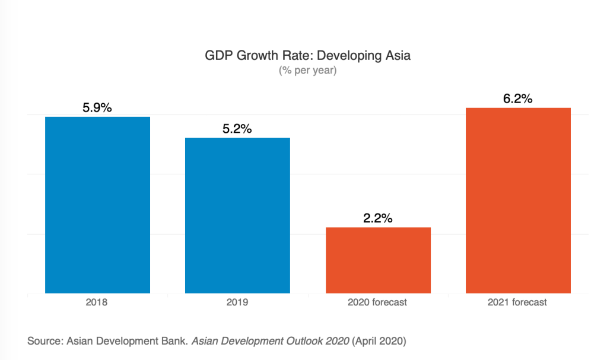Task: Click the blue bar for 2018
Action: click(x=97, y=205)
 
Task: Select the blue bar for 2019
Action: click(x=237, y=215)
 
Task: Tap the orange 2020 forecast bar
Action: click(x=378, y=260)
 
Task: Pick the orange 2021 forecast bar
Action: click(x=518, y=200)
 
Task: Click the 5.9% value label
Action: click(x=97, y=108)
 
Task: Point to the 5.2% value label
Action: click(x=237, y=129)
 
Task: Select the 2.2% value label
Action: click(x=378, y=218)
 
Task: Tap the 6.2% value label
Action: click(x=518, y=99)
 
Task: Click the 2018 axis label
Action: click(x=97, y=302)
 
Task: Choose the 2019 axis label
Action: click(x=237, y=302)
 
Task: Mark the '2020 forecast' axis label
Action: click(x=378, y=302)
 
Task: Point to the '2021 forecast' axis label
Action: click(x=518, y=302)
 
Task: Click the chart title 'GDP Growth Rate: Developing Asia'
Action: click(x=307, y=56)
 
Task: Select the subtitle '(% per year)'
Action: click(x=307, y=71)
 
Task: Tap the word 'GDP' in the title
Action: click(x=218, y=56)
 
